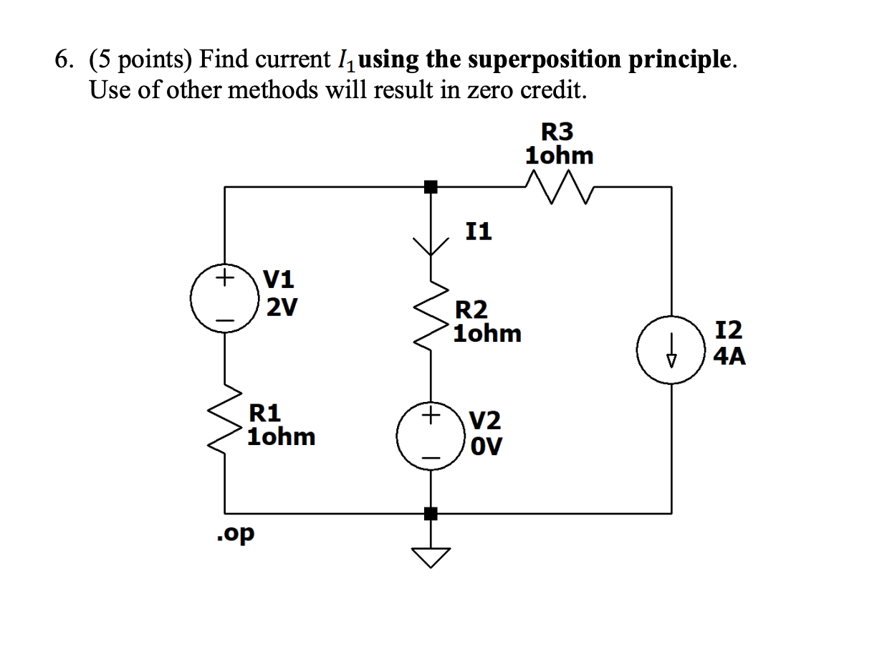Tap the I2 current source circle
(x=671, y=351)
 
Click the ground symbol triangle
(x=431, y=556)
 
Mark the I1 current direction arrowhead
(x=431, y=247)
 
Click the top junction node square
(x=431, y=188)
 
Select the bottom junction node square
(x=431, y=514)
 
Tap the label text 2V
(x=282, y=307)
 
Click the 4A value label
(x=729, y=355)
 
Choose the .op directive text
(x=235, y=534)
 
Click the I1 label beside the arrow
(x=479, y=231)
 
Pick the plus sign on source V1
(x=225, y=276)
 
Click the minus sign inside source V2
(x=431, y=457)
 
